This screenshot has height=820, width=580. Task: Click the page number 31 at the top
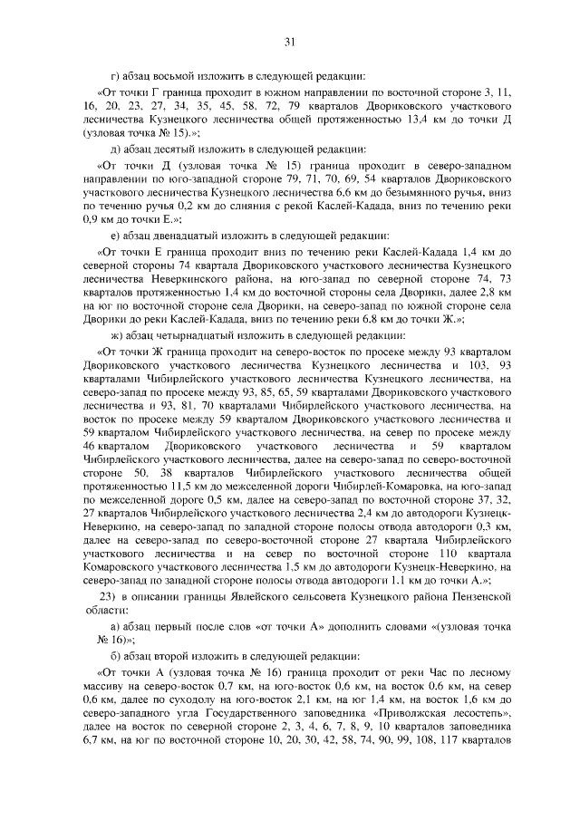pyautogui.click(x=290, y=41)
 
